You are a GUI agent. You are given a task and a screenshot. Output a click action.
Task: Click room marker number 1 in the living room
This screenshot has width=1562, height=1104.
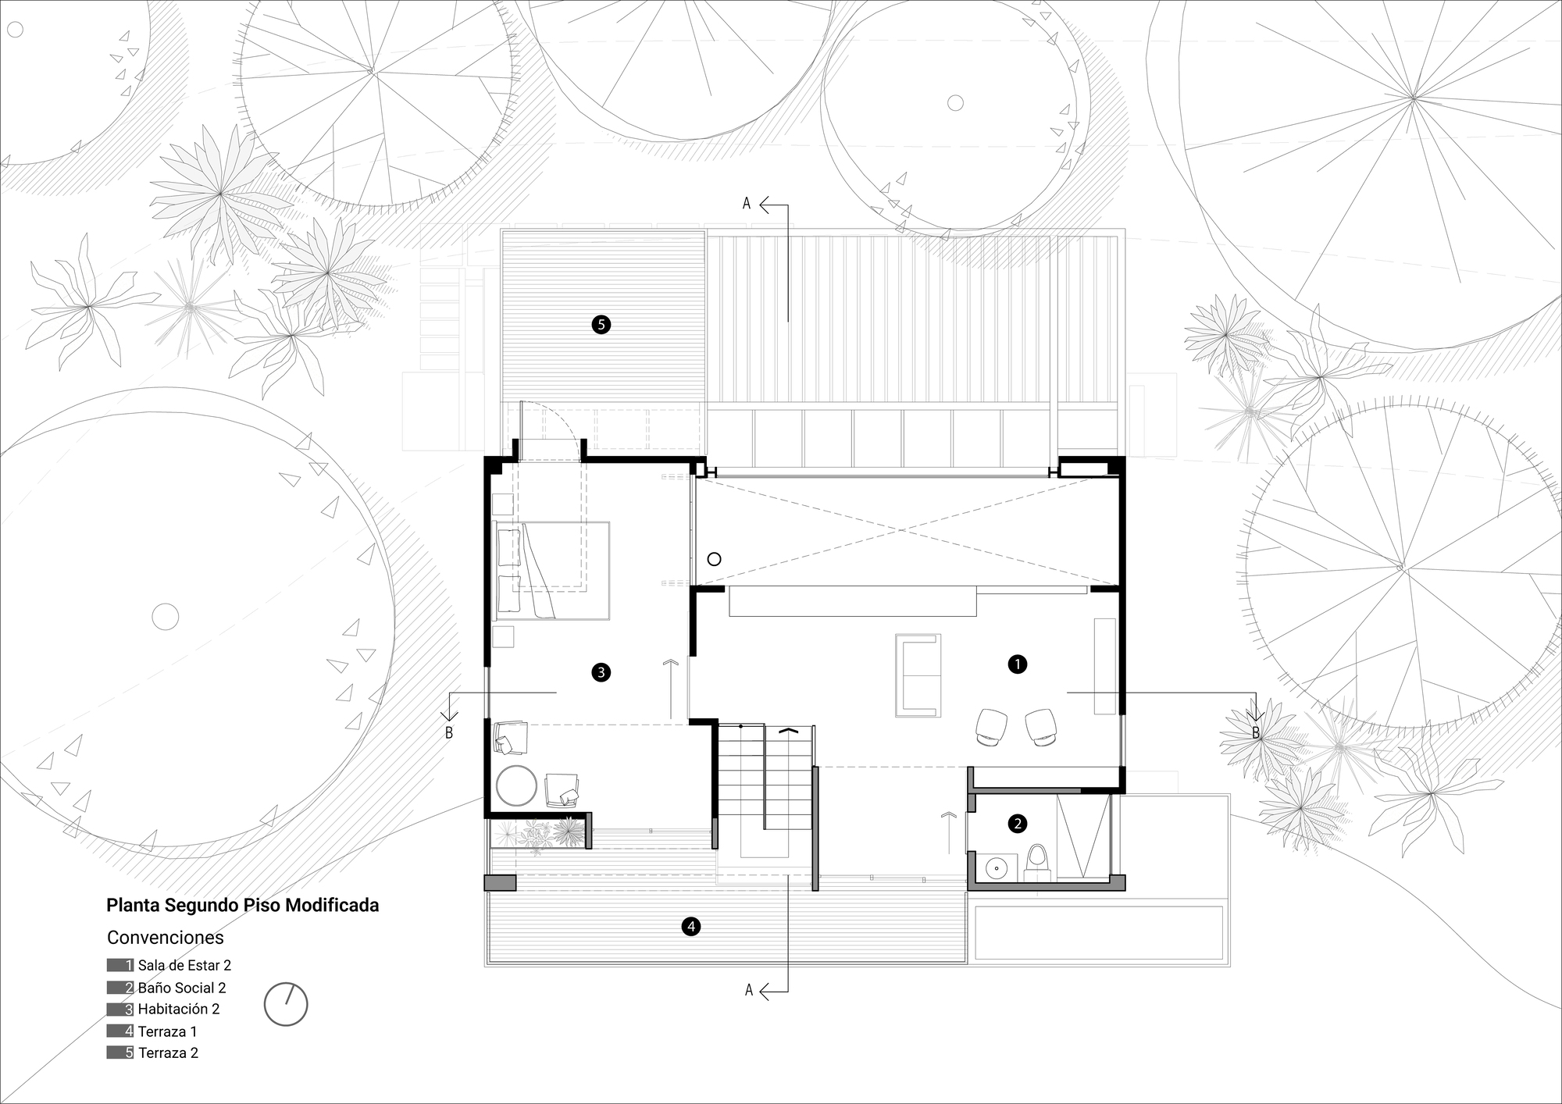click(1017, 664)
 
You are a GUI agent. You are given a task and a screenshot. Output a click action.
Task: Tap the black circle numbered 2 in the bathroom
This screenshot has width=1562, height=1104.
click(1017, 823)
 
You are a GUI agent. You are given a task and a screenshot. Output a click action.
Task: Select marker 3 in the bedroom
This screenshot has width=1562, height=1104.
click(601, 672)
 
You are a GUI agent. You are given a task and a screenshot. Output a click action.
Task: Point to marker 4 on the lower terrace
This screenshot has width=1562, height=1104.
click(690, 927)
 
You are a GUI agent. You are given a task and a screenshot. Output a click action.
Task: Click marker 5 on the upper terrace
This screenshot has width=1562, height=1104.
click(601, 324)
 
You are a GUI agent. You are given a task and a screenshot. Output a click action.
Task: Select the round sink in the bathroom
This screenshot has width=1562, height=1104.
click(997, 867)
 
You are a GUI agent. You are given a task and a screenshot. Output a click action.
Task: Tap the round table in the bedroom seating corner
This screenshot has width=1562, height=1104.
click(516, 785)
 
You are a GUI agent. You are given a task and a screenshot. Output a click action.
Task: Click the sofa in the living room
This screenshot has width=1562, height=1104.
click(918, 675)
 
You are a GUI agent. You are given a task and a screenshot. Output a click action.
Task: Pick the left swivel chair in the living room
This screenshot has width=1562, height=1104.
click(991, 725)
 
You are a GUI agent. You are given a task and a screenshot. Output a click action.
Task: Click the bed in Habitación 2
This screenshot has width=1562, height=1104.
click(551, 570)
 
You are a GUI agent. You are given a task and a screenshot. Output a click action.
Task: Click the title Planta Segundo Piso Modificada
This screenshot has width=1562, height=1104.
click(242, 906)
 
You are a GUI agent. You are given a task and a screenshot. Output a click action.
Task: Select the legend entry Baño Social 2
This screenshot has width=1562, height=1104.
click(181, 988)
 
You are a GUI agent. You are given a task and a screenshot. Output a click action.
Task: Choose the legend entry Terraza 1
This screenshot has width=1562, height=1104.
click(167, 1031)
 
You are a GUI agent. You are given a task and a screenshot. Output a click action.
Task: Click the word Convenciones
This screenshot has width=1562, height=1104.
click(165, 938)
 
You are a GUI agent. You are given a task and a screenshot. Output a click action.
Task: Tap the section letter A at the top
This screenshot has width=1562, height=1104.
click(747, 204)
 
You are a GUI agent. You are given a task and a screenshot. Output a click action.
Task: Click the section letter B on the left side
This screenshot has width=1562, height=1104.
click(449, 732)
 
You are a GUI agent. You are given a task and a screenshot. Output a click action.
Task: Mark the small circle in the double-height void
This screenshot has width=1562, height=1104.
click(714, 559)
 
